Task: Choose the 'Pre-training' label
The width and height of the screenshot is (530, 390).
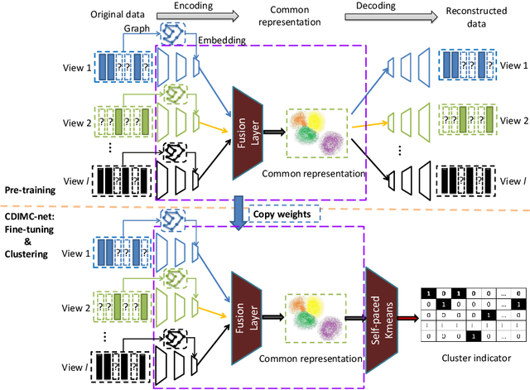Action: point(29,190)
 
